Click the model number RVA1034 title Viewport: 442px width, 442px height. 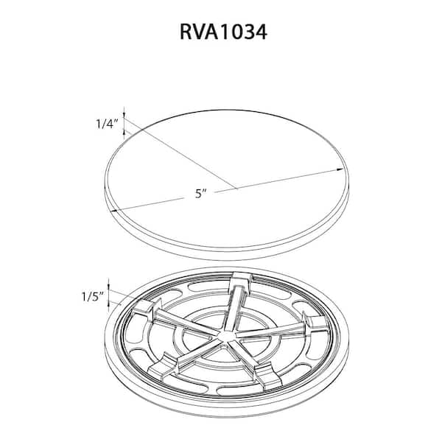coord(223,32)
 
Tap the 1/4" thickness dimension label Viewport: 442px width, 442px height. coord(106,124)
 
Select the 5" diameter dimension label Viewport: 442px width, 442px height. coord(201,194)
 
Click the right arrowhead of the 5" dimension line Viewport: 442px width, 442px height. coord(340,169)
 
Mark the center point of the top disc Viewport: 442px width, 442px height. coord(236,188)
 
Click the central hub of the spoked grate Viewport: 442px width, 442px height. coord(225,336)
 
